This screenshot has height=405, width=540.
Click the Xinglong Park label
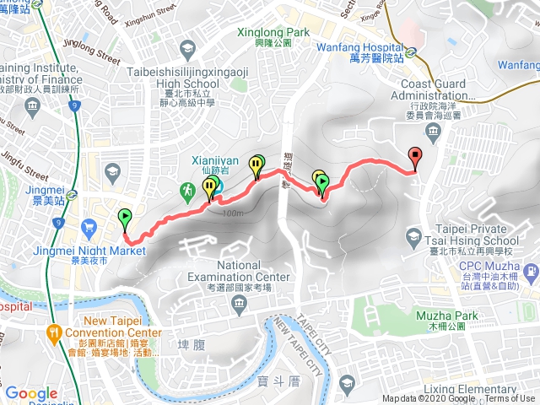tap(274, 31)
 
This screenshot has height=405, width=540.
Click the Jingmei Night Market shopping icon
tap(89, 225)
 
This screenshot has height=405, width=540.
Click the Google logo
tap(31, 393)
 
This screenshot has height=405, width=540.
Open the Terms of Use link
tap(509, 399)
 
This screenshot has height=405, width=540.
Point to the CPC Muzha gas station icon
tap(530, 273)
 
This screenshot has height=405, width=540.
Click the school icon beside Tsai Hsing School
tap(413, 234)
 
